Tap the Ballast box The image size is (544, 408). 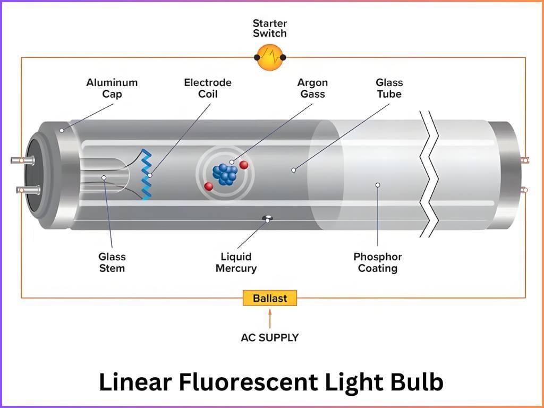pos(269,298)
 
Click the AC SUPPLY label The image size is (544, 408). pos(269,337)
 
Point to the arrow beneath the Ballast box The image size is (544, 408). pos(269,319)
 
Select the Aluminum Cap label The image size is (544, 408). pos(112,88)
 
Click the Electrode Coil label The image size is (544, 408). pos(208,88)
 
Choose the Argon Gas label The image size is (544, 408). pos(312,88)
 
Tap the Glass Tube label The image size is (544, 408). pos(389,88)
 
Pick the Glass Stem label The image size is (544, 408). pos(112,262)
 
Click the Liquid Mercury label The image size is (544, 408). pos(236,262)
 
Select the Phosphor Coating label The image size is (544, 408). pos(378,262)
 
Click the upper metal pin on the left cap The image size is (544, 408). pos(20,159)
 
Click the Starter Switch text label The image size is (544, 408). pos(269,28)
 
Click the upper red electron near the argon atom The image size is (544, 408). pos(244,165)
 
